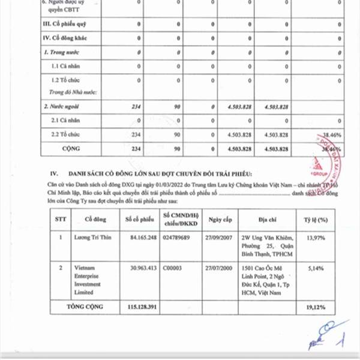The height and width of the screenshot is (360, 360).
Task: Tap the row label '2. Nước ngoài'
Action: pos(64,106)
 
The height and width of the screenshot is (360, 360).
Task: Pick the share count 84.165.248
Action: pos(139,239)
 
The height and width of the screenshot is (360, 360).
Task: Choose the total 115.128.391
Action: pos(139,307)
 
